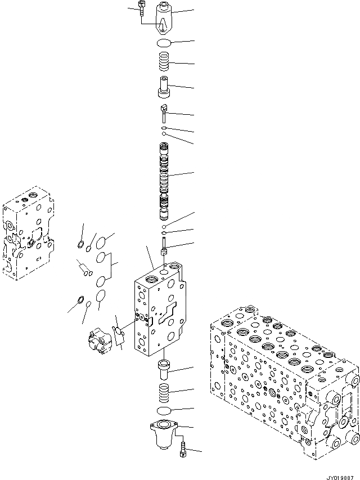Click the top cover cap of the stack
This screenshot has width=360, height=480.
167,17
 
